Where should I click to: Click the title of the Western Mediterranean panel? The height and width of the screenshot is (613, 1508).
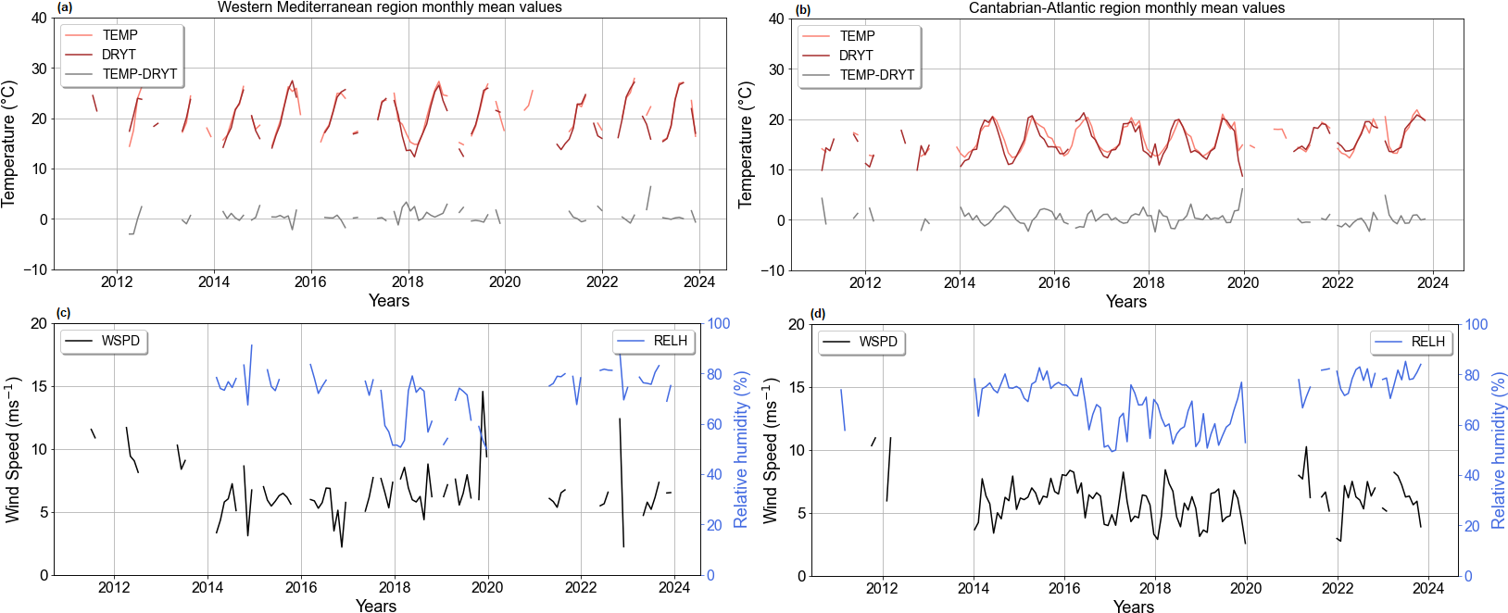389,7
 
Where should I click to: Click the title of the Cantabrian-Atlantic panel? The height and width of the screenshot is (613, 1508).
1126,8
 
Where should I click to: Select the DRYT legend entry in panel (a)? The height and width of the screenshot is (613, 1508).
119,55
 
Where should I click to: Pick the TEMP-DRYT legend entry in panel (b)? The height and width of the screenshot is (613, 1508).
876,75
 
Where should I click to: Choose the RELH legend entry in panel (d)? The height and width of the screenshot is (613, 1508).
1427,342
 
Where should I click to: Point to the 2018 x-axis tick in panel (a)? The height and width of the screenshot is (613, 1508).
408,282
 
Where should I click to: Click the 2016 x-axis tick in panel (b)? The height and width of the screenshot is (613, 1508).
1054,283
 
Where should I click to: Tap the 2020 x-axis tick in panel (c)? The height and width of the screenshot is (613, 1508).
487,588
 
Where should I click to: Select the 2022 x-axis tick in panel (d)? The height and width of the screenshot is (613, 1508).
1338,588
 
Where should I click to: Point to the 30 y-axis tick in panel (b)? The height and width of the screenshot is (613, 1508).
776,69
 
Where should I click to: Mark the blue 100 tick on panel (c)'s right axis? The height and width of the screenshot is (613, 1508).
719,323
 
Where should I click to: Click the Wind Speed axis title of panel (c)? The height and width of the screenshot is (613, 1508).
13,449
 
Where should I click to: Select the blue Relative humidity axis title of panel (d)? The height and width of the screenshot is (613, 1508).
1498,450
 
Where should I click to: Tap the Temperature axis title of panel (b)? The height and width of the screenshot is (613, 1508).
747,144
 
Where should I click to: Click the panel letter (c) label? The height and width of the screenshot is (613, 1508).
63,313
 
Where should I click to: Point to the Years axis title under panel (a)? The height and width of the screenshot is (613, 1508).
389,301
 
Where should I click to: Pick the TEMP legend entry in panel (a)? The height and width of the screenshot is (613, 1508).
119,35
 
